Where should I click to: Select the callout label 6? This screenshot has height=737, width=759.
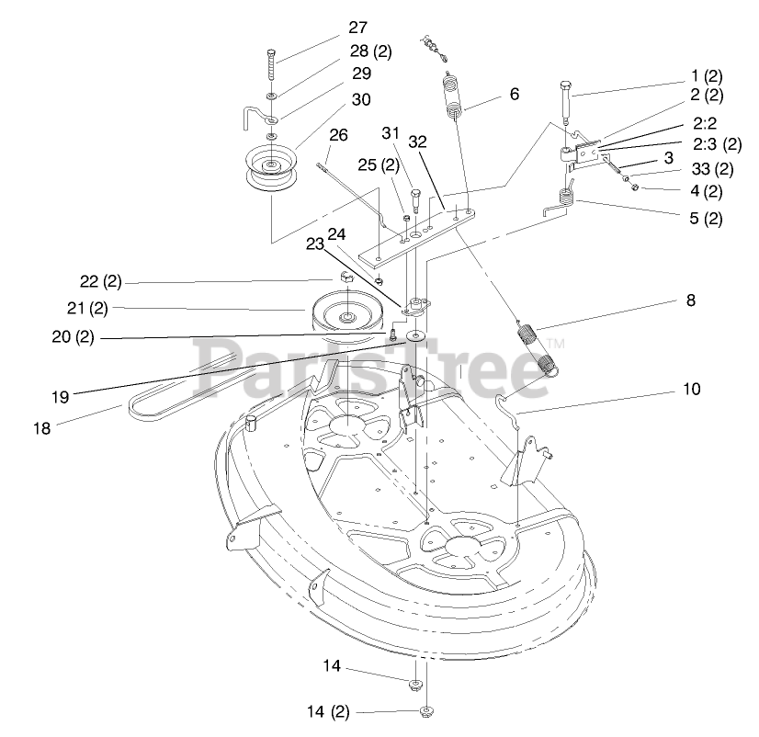[514, 94]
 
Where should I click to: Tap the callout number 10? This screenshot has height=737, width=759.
[690, 389]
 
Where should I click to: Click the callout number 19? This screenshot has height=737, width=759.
[61, 398]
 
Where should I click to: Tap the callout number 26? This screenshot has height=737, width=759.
[338, 135]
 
